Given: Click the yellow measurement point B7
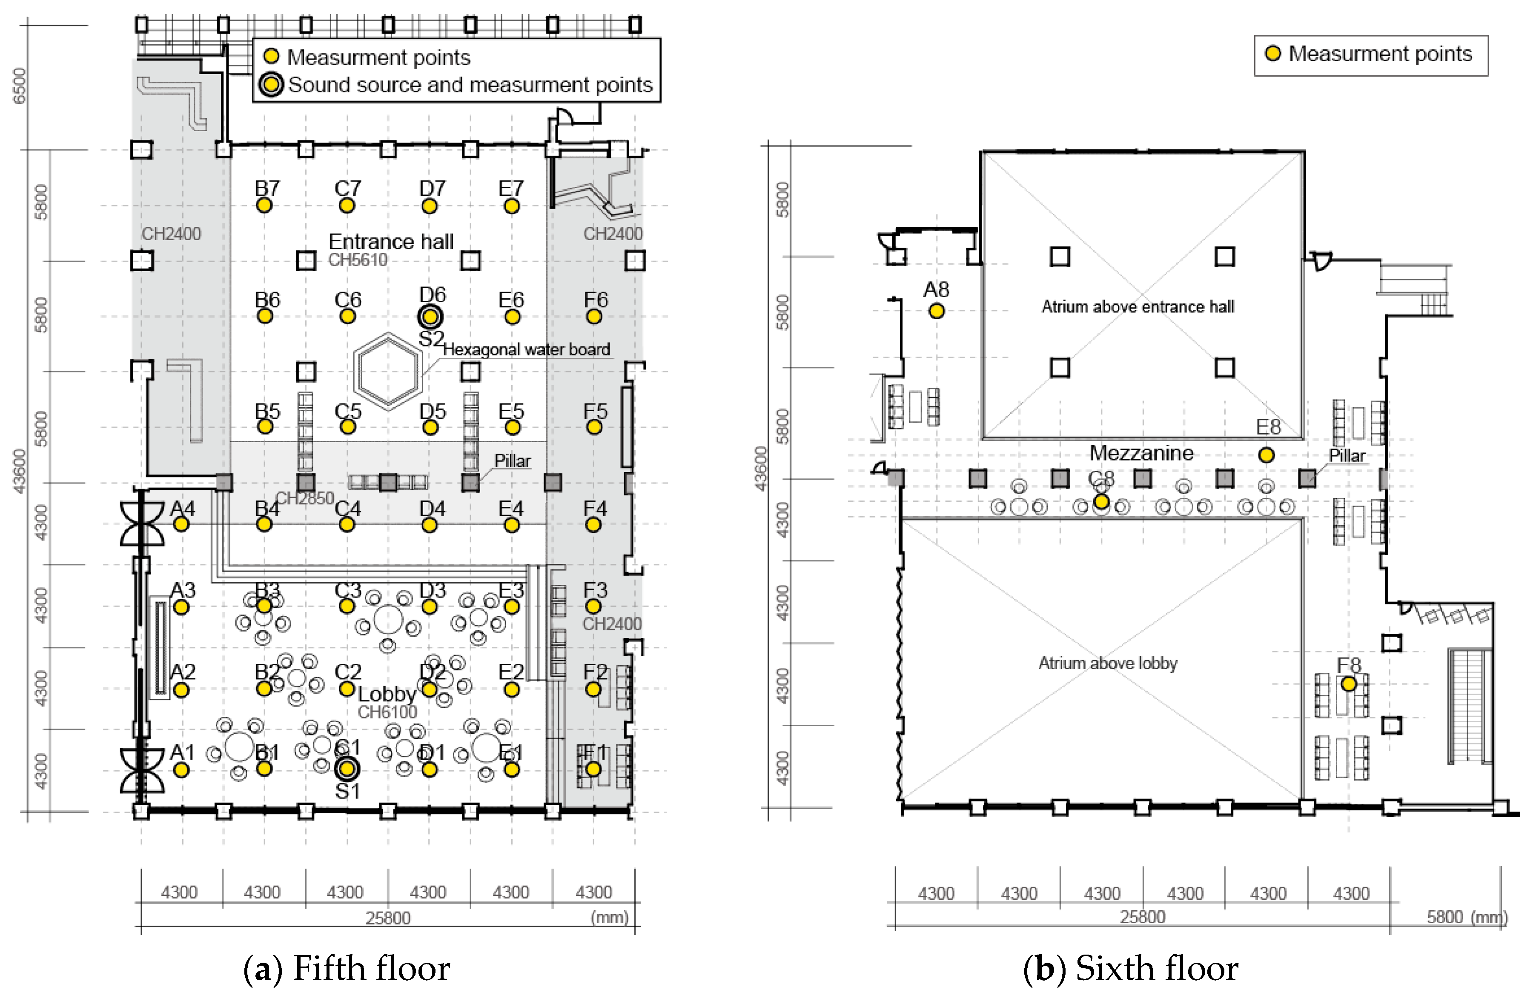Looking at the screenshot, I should (x=264, y=206).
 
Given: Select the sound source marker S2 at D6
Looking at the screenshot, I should (x=430, y=317).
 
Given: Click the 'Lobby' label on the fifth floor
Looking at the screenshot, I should (x=387, y=694).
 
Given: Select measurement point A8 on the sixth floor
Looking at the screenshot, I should (x=937, y=311).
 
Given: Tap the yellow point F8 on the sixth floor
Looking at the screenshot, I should (x=1348, y=684).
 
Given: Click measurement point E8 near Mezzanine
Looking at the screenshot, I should (x=1267, y=455).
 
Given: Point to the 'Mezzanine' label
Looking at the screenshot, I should (x=1141, y=453).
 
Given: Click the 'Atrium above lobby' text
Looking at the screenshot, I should (x=1107, y=663).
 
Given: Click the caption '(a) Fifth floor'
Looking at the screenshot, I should (x=347, y=968).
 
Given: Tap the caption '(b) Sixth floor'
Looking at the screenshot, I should (x=1130, y=968).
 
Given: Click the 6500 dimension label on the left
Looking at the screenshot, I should (x=19, y=86).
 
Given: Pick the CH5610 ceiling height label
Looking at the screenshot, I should (x=358, y=260).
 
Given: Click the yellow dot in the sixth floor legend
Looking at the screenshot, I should (x=1273, y=54).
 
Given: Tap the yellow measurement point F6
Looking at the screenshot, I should (x=594, y=317).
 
